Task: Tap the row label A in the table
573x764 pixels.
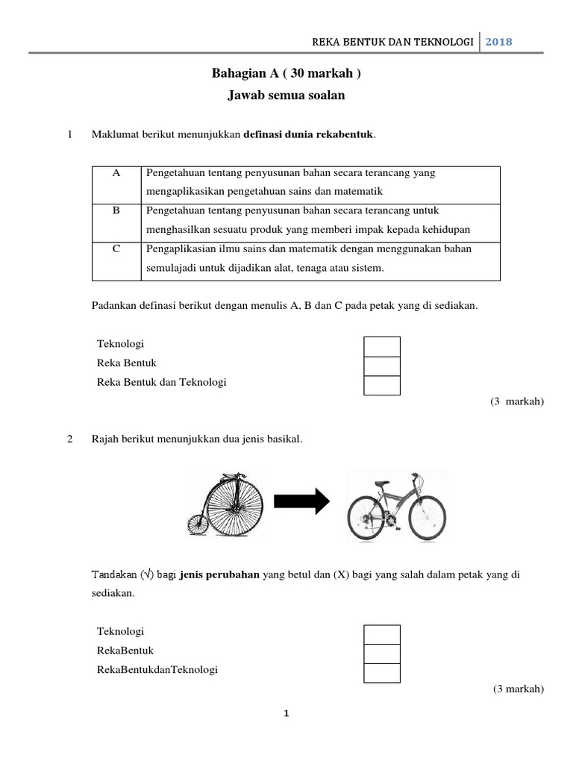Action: point(116,173)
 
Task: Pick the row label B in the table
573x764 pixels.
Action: point(116,211)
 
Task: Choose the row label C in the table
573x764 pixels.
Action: point(116,250)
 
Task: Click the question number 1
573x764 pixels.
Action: point(70,135)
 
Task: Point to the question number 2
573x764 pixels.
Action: point(70,439)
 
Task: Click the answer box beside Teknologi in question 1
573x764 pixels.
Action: point(381,346)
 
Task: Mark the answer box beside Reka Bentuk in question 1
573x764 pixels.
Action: point(381,366)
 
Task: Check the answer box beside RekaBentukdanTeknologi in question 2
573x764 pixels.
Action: point(381,672)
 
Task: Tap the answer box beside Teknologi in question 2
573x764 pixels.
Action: point(381,633)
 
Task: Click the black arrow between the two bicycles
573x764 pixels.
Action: point(301,501)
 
